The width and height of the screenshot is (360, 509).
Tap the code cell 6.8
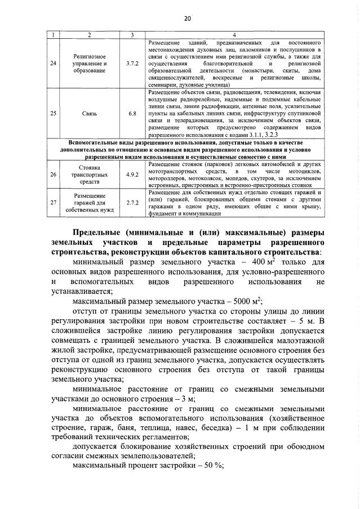click(x=134, y=113)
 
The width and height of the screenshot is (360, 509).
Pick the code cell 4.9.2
click(x=134, y=175)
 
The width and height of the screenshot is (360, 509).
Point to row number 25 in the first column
click(x=54, y=113)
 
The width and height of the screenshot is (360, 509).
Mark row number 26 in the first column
click(x=54, y=175)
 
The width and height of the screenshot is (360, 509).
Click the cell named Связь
click(x=90, y=113)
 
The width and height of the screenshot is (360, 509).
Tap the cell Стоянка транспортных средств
click(x=90, y=175)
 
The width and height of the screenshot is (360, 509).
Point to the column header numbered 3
click(x=134, y=36)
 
